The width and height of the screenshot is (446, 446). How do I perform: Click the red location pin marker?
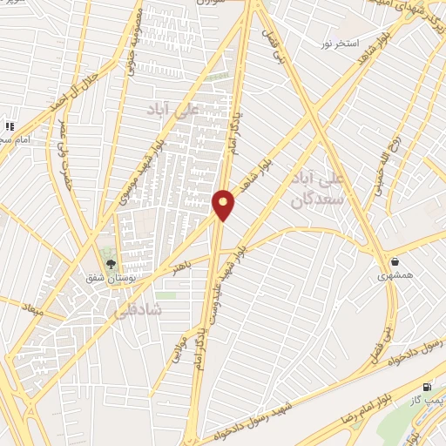coord(223,204)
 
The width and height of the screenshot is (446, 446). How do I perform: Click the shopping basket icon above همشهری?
coord(395,260)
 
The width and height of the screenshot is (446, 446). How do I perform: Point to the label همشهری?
coord(393,274)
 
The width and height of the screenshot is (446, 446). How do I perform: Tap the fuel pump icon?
coord(426,387)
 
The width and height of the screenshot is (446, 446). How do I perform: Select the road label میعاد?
coord(31,308)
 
